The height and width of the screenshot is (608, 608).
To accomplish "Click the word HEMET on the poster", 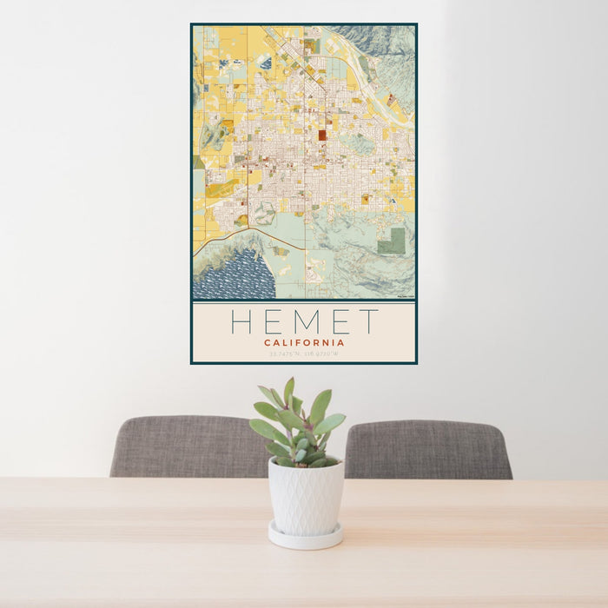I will [x=304, y=321].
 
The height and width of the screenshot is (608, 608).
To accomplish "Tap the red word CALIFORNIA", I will [x=304, y=342].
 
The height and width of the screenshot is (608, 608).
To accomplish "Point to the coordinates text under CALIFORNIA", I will [x=304, y=354].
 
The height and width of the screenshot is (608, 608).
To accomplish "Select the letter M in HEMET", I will [x=303, y=321].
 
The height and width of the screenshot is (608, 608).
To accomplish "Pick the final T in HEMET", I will [x=369, y=321].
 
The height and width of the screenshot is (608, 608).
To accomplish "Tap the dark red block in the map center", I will [x=321, y=135].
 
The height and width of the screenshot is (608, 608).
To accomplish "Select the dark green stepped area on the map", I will [x=392, y=241].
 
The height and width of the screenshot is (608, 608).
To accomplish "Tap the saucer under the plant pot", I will [x=304, y=537].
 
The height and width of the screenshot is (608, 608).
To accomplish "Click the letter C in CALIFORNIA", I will [x=268, y=342].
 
